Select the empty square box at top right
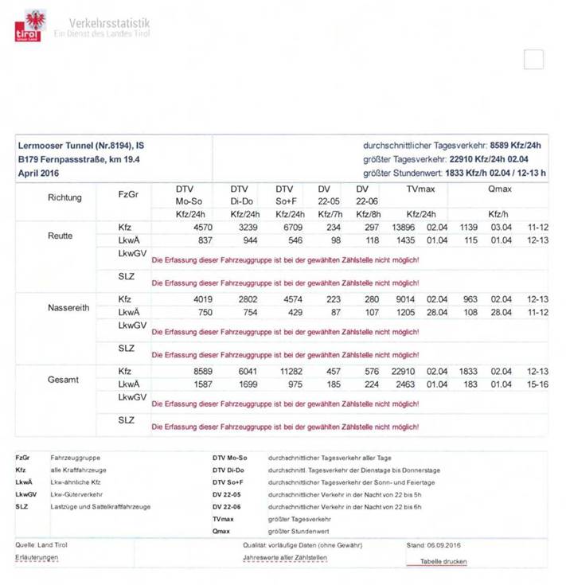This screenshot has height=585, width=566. tap(533, 60)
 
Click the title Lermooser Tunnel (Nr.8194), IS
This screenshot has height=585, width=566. tap(80, 146)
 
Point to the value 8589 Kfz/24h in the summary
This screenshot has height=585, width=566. tap(516, 146)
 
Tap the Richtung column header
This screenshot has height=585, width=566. tap(64, 197)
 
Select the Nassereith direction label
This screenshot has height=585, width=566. tap(64, 306)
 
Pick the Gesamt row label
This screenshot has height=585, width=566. tap(63, 380)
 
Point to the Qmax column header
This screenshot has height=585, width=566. tap(500, 189)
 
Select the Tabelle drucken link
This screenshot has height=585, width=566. tap(443, 562)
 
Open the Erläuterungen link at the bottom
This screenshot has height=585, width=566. tap(37, 557)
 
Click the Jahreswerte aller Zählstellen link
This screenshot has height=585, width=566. tap(284, 557)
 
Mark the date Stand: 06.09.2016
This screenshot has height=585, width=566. tap(434, 544)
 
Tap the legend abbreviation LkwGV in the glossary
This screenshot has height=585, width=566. tap(26, 494)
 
